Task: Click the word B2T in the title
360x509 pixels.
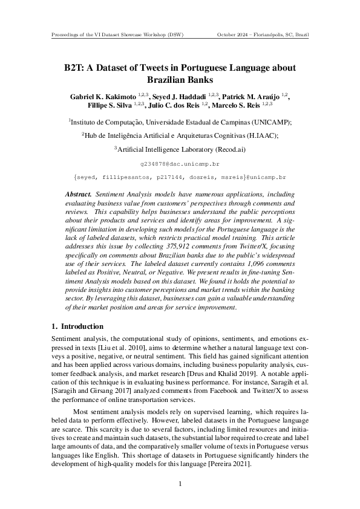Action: click(74, 68)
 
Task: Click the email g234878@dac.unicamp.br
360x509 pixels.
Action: click(179, 164)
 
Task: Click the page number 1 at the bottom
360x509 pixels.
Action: click(180, 484)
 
